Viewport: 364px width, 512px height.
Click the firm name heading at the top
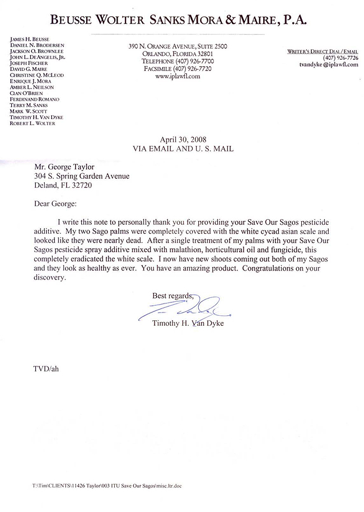[x=178, y=21]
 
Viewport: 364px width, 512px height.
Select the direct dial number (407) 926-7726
[x=340, y=58]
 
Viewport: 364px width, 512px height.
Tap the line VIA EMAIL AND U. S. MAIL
[x=183, y=149]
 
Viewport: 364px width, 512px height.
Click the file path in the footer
[x=99, y=486]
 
